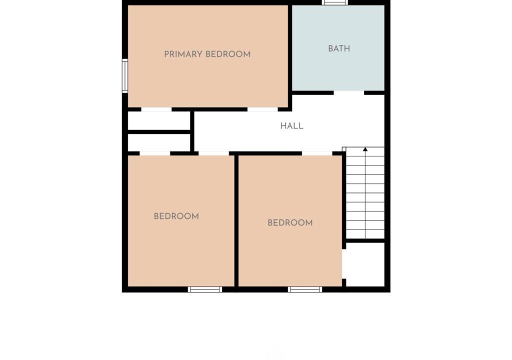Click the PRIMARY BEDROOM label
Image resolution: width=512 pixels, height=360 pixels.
pos(207,54)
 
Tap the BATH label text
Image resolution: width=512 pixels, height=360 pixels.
pos(339,48)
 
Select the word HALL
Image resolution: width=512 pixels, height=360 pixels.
pos(291,126)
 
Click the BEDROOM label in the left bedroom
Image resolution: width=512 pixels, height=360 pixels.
pos(176,216)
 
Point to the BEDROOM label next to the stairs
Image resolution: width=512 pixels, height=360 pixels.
pos(290,223)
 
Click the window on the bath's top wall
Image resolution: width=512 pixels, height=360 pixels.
pos(334,2)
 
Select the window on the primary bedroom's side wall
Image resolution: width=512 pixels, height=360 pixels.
pos(124,76)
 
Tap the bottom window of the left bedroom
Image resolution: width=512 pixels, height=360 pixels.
pos(205,289)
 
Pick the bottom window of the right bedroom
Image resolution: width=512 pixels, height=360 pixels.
pos(305,289)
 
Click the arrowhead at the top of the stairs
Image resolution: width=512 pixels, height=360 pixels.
pos(365,149)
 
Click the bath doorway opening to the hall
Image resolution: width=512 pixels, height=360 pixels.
pos(348,93)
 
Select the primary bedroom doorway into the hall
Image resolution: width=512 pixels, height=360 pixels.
pos(262,109)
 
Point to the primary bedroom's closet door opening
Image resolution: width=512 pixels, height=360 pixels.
pos(156,109)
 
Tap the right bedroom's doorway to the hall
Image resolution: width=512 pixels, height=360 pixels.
pos(317,153)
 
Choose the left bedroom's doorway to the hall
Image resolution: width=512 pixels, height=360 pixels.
pos(214,153)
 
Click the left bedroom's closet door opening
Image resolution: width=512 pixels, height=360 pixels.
pos(155,153)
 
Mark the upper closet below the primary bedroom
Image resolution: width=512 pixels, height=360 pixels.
pos(159,121)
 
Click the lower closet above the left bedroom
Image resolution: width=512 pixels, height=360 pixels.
pos(159,143)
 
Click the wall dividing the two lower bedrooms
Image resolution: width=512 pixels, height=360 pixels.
pos(236,221)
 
